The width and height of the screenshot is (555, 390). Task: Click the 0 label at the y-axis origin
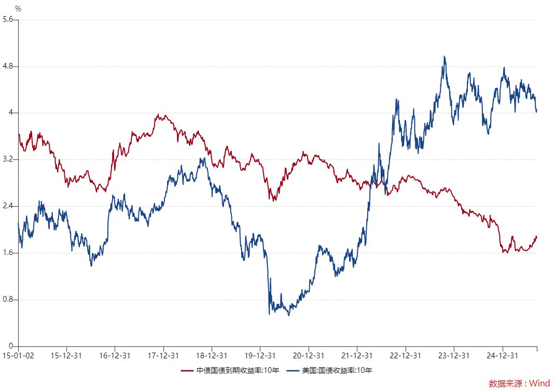[11, 346]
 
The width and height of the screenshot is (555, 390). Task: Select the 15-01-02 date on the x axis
[18, 356]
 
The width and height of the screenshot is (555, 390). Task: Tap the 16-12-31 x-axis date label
[115, 356]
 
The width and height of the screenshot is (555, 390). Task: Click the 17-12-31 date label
[163, 356]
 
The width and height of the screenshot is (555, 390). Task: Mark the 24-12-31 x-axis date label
[503, 356]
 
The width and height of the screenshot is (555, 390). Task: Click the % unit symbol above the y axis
[18, 8]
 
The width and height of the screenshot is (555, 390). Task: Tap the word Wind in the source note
[540, 383]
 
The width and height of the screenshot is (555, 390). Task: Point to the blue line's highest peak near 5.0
[445, 57]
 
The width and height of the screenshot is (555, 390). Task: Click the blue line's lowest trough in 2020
[289, 315]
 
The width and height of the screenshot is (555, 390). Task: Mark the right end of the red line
[536, 237]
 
